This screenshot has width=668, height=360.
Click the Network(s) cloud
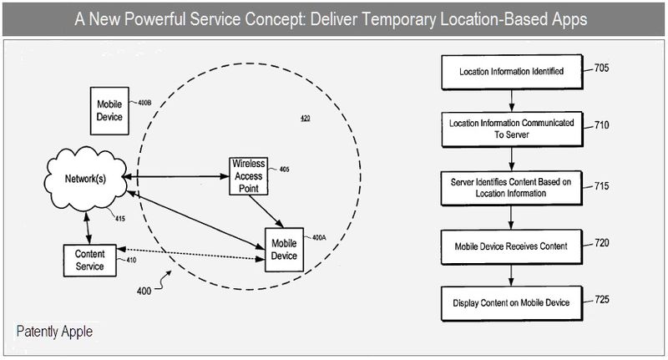pyautogui.click(x=86, y=179)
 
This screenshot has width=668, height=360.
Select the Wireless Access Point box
pyautogui.click(x=248, y=176)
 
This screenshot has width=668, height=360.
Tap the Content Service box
pyautogui.click(x=89, y=261)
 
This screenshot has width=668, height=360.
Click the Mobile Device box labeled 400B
pyautogui.click(x=109, y=111)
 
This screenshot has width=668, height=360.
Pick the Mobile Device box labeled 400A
pyautogui.click(x=284, y=250)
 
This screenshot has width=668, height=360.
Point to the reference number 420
pyautogui.click(x=306, y=118)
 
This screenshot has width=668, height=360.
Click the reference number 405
pyautogui.click(x=284, y=169)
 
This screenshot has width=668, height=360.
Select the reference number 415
pyautogui.click(x=120, y=219)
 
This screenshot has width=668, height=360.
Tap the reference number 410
pyautogui.click(x=131, y=260)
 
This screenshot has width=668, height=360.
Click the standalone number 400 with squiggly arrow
pyautogui.click(x=144, y=291)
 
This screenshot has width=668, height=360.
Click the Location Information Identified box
pyautogui.click(x=512, y=72)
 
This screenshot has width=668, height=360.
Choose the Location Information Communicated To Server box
pyautogui.click(x=512, y=129)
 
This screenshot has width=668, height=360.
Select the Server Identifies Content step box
pyautogui.click(x=511, y=188)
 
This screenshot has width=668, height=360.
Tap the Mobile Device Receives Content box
pyautogui.click(x=511, y=246)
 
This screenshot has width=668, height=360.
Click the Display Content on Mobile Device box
pyautogui.click(x=511, y=303)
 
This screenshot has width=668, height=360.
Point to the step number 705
pyautogui.click(x=601, y=68)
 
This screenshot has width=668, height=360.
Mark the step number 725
pyautogui.click(x=602, y=300)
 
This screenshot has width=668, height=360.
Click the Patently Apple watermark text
pyautogui.click(x=54, y=332)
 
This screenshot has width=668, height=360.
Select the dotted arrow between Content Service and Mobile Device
pyautogui.click(x=191, y=254)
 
